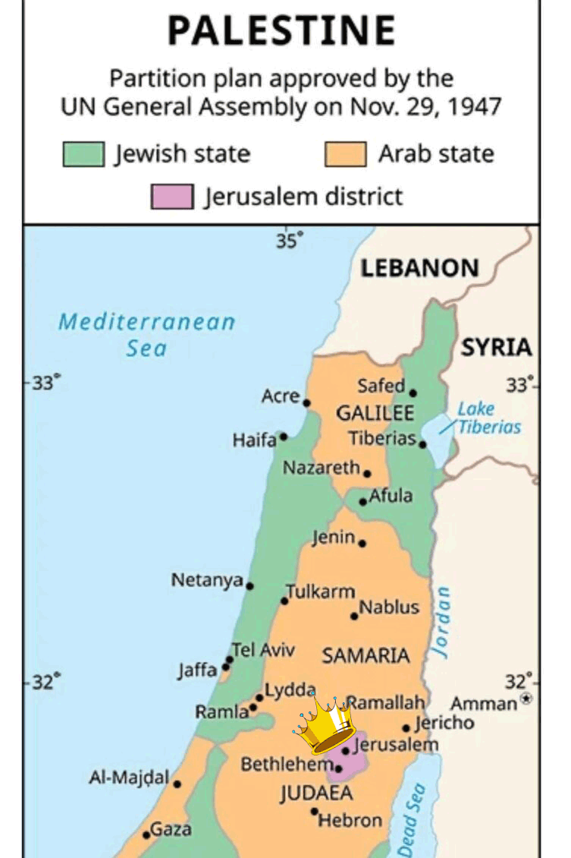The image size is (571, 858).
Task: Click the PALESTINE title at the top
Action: click(x=281, y=31)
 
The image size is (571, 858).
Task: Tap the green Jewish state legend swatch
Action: click(x=83, y=154)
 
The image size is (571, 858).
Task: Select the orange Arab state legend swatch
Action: click(x=345, y=154)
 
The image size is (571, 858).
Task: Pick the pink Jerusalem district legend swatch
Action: click(x=171, y=197)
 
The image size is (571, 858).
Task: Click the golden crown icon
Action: click(x=324, y=724)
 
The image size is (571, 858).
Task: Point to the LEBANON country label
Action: click(x=419, y=268)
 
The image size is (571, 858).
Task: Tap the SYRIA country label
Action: click(x=497, y=348)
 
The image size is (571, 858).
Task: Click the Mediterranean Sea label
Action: click(x=146, y=335)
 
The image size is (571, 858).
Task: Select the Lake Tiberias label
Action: click(x=489, y=418)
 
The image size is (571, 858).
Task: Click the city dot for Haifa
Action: click(x=284, y=437)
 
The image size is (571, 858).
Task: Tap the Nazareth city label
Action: click(x=321, y=468)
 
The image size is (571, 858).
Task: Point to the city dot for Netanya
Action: click(x=250, y=586)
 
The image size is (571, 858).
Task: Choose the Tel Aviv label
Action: click(x=263, y=650)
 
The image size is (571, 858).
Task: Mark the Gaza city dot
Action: click(x=146, y=834)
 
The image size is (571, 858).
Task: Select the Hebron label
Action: click(x=350, y=820)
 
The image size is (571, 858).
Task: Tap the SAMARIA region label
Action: click(x=366, y=655)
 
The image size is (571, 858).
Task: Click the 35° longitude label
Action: click(x=288, y=241)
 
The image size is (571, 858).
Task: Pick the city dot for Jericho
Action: click(x=406, y=728)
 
